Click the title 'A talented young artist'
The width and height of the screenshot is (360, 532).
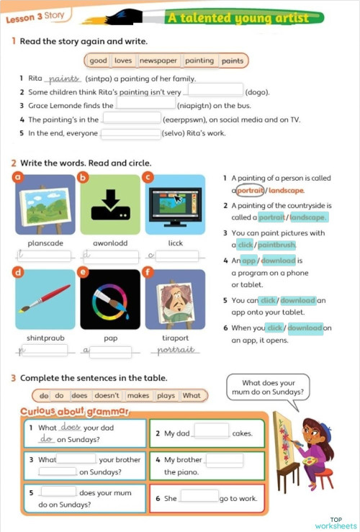pos(237,18)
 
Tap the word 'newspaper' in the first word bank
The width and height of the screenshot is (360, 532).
pos(158,61)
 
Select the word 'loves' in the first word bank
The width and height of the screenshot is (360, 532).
pos(123,61)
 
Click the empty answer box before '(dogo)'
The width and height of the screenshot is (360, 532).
pos(215,91)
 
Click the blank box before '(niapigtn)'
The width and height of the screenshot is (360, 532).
pos(145,105)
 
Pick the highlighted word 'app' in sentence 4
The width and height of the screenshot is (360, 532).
pos(248,261)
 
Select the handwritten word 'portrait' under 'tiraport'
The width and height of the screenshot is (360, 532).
pos(176,350)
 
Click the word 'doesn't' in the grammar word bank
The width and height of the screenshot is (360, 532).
pos(107,395)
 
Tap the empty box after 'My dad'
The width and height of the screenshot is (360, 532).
pos(211,431)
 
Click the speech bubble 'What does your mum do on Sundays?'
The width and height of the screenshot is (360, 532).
pos(269,389)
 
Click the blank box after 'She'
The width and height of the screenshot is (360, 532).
pos(199,496)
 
